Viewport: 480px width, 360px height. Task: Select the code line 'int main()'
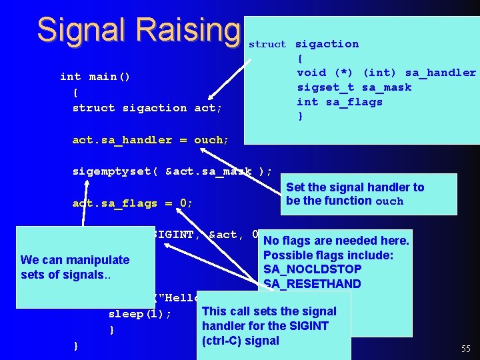[95, 77]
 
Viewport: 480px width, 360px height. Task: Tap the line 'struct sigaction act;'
[147, 108]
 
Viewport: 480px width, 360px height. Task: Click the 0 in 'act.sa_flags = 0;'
[183, 203]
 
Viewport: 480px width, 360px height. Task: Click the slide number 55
[465, 349]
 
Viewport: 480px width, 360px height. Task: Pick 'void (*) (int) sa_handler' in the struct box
[386, 73]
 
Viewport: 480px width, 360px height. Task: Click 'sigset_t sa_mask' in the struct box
[354, 87]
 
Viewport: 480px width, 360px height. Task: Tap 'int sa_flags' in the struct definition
[339, 102]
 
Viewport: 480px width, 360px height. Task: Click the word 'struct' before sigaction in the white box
[267, 45]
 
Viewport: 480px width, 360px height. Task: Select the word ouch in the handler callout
[389, 201]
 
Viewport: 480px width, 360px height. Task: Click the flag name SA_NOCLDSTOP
[312, 269]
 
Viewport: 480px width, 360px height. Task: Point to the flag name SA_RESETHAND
[312, 284]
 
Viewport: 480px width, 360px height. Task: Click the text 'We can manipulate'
[75, 260]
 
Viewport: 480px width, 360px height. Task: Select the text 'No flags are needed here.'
[336, 241]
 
